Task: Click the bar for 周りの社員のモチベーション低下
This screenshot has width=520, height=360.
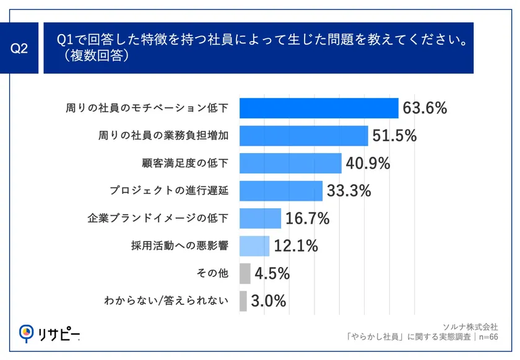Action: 318,108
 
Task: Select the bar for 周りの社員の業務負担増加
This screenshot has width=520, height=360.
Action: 303,136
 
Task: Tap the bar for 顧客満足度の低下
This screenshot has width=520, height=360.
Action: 290,164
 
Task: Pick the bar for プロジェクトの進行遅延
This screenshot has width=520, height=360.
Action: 280,191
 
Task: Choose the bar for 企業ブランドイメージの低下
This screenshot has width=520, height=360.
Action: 260,218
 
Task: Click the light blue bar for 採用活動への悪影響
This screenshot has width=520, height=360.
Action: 254,246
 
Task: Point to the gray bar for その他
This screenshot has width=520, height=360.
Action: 245,273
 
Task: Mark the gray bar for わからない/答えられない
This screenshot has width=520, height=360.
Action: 243,301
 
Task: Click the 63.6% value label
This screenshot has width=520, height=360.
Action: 425,108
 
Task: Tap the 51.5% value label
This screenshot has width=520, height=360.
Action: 394,136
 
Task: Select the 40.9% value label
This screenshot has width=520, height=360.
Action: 368,164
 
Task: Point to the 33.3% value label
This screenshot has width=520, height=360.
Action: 349,191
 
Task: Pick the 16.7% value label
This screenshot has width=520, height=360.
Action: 307,218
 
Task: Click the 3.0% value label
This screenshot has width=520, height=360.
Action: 269,301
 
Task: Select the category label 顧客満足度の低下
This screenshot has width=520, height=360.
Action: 185,164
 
